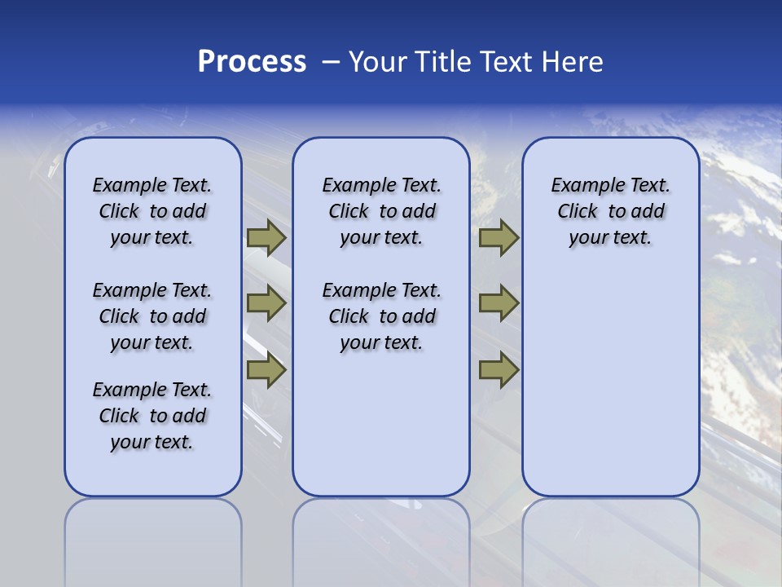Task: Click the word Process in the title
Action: point(252,62)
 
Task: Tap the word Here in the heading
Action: point(572,62)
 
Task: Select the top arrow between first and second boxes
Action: point(266,238)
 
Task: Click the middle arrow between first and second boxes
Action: point(266,303)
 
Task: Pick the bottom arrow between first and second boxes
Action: point(266,370)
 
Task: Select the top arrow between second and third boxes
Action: point(499,238)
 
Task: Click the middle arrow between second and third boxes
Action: point(499,303)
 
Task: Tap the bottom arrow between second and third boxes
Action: point(499,370)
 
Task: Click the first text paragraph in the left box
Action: point(152,211)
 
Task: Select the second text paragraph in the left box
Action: point(152,316)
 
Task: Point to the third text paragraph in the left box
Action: point(152,416)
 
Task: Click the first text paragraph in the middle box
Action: point(381,211)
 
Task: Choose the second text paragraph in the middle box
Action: point(381,316)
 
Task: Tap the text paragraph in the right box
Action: point(610,211)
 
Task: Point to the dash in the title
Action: point(331,62)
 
